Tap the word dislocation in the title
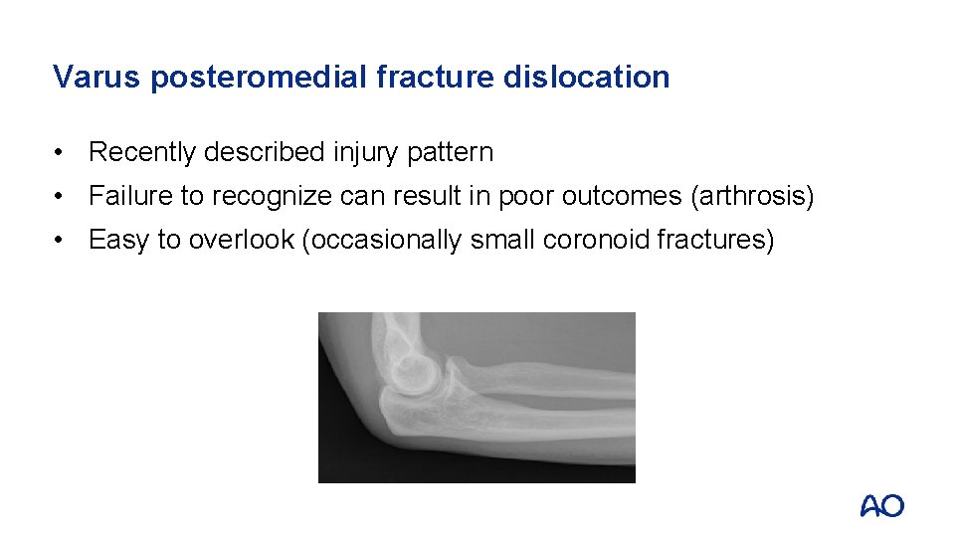coord(586,77)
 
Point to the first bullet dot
coord(62,153)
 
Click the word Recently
coord(141,152)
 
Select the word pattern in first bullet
coord(453,152)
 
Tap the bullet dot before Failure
coord(62,197)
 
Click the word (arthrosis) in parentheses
coord(751,196)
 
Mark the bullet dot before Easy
coord(62,241)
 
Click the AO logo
coord(881,506)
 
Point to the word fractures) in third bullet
coord(716,240)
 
